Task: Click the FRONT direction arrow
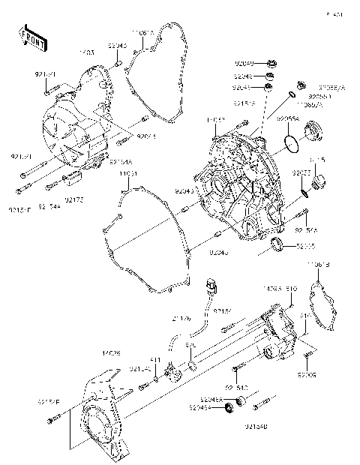28,38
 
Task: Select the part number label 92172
74,199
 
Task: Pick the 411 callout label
155,360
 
